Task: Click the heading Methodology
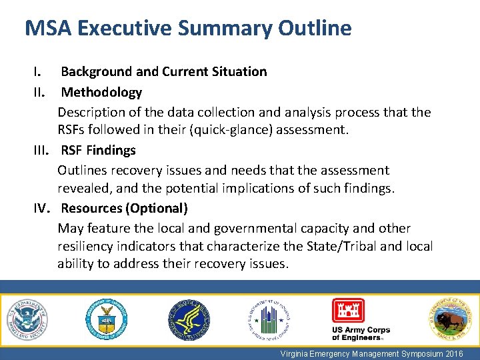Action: (x=101, y=92)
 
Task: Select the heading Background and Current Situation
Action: (x=164, y=71)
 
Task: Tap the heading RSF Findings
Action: (x=98, y=150)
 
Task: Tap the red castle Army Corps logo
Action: (x=348, y=311)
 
